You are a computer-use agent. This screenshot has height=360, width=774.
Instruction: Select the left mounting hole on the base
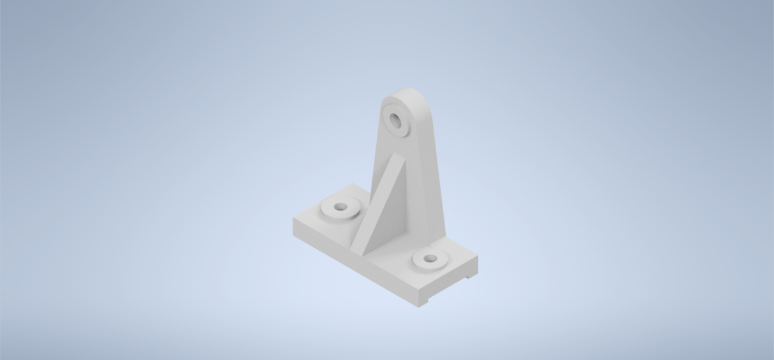point(341,207)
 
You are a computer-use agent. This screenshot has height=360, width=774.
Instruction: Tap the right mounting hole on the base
point(429,259)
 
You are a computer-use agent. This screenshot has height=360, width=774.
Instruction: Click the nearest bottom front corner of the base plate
point(419,307)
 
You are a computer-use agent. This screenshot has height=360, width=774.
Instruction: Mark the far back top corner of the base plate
point(352,184)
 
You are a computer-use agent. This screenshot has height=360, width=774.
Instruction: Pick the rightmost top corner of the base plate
point(478,257)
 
